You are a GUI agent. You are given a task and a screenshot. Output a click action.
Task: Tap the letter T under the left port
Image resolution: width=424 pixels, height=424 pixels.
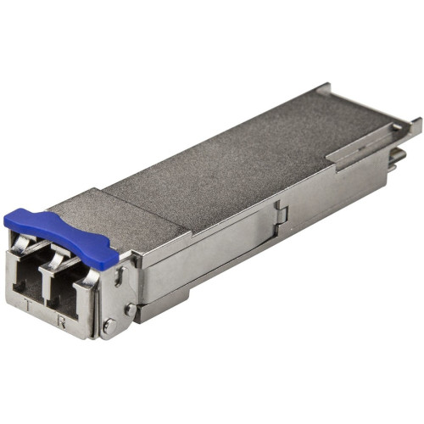(28, 308)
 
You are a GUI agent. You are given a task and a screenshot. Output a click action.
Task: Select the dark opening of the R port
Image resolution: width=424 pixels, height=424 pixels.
(62, 293)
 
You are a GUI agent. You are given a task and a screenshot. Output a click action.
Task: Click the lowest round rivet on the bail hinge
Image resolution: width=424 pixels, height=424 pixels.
(108, 326)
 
